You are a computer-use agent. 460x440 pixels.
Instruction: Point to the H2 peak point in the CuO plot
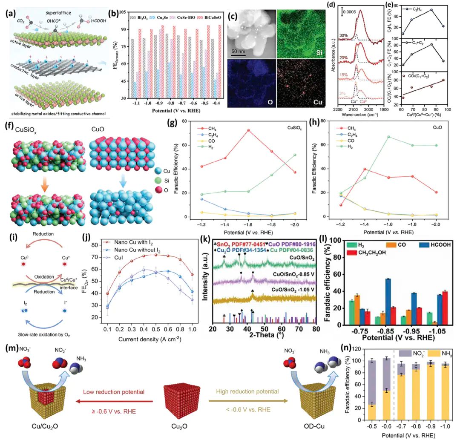tap(377, 137)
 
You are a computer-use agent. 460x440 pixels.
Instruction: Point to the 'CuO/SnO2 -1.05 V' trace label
tap(290, 290)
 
